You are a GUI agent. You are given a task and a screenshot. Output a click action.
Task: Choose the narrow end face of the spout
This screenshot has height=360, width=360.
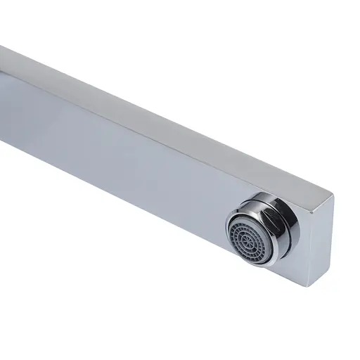coord(320,239)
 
